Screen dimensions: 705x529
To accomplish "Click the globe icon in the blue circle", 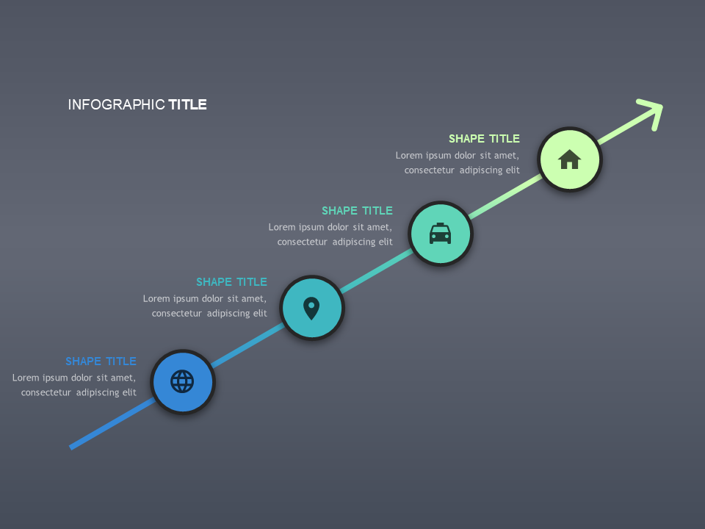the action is [x=182, y=381].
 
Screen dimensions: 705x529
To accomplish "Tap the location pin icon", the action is [x=311, y=309].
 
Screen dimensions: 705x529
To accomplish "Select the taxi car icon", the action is [x=440, y=234].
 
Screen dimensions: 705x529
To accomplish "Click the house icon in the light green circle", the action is [x=570, y=159].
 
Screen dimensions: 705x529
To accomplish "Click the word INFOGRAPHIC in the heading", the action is [x=117, y=105].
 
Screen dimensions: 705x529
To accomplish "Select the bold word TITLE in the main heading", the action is [x=187, y=105].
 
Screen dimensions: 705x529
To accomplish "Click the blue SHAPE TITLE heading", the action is [x=101, y=361].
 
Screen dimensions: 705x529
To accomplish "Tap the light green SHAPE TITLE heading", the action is [x=484, y=139].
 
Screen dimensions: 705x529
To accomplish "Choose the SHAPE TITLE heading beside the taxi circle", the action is [x=357, y=211].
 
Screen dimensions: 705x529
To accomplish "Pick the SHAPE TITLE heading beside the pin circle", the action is [x=231, y=282].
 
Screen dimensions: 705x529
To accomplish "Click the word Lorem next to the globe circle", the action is [x=26, y=378].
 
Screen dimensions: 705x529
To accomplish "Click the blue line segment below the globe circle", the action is [x=112, y=423].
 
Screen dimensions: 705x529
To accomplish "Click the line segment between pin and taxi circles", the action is [x=376, y=271].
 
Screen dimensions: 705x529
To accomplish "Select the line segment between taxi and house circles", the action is [x=505, y=197].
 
